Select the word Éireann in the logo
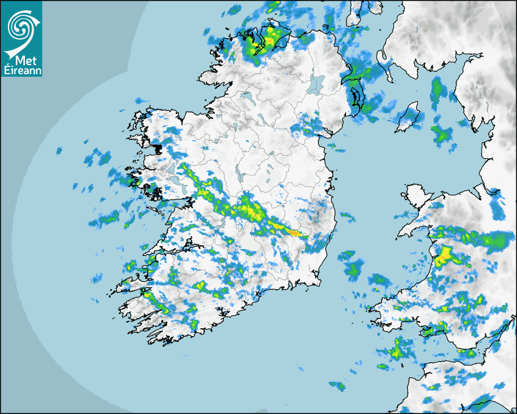pos(22,71)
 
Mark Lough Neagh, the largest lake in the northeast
pos(317,83)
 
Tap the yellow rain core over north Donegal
pos(268,41)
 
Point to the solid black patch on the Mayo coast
pos(159,147)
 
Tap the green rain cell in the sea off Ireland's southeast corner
pos(352,268)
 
